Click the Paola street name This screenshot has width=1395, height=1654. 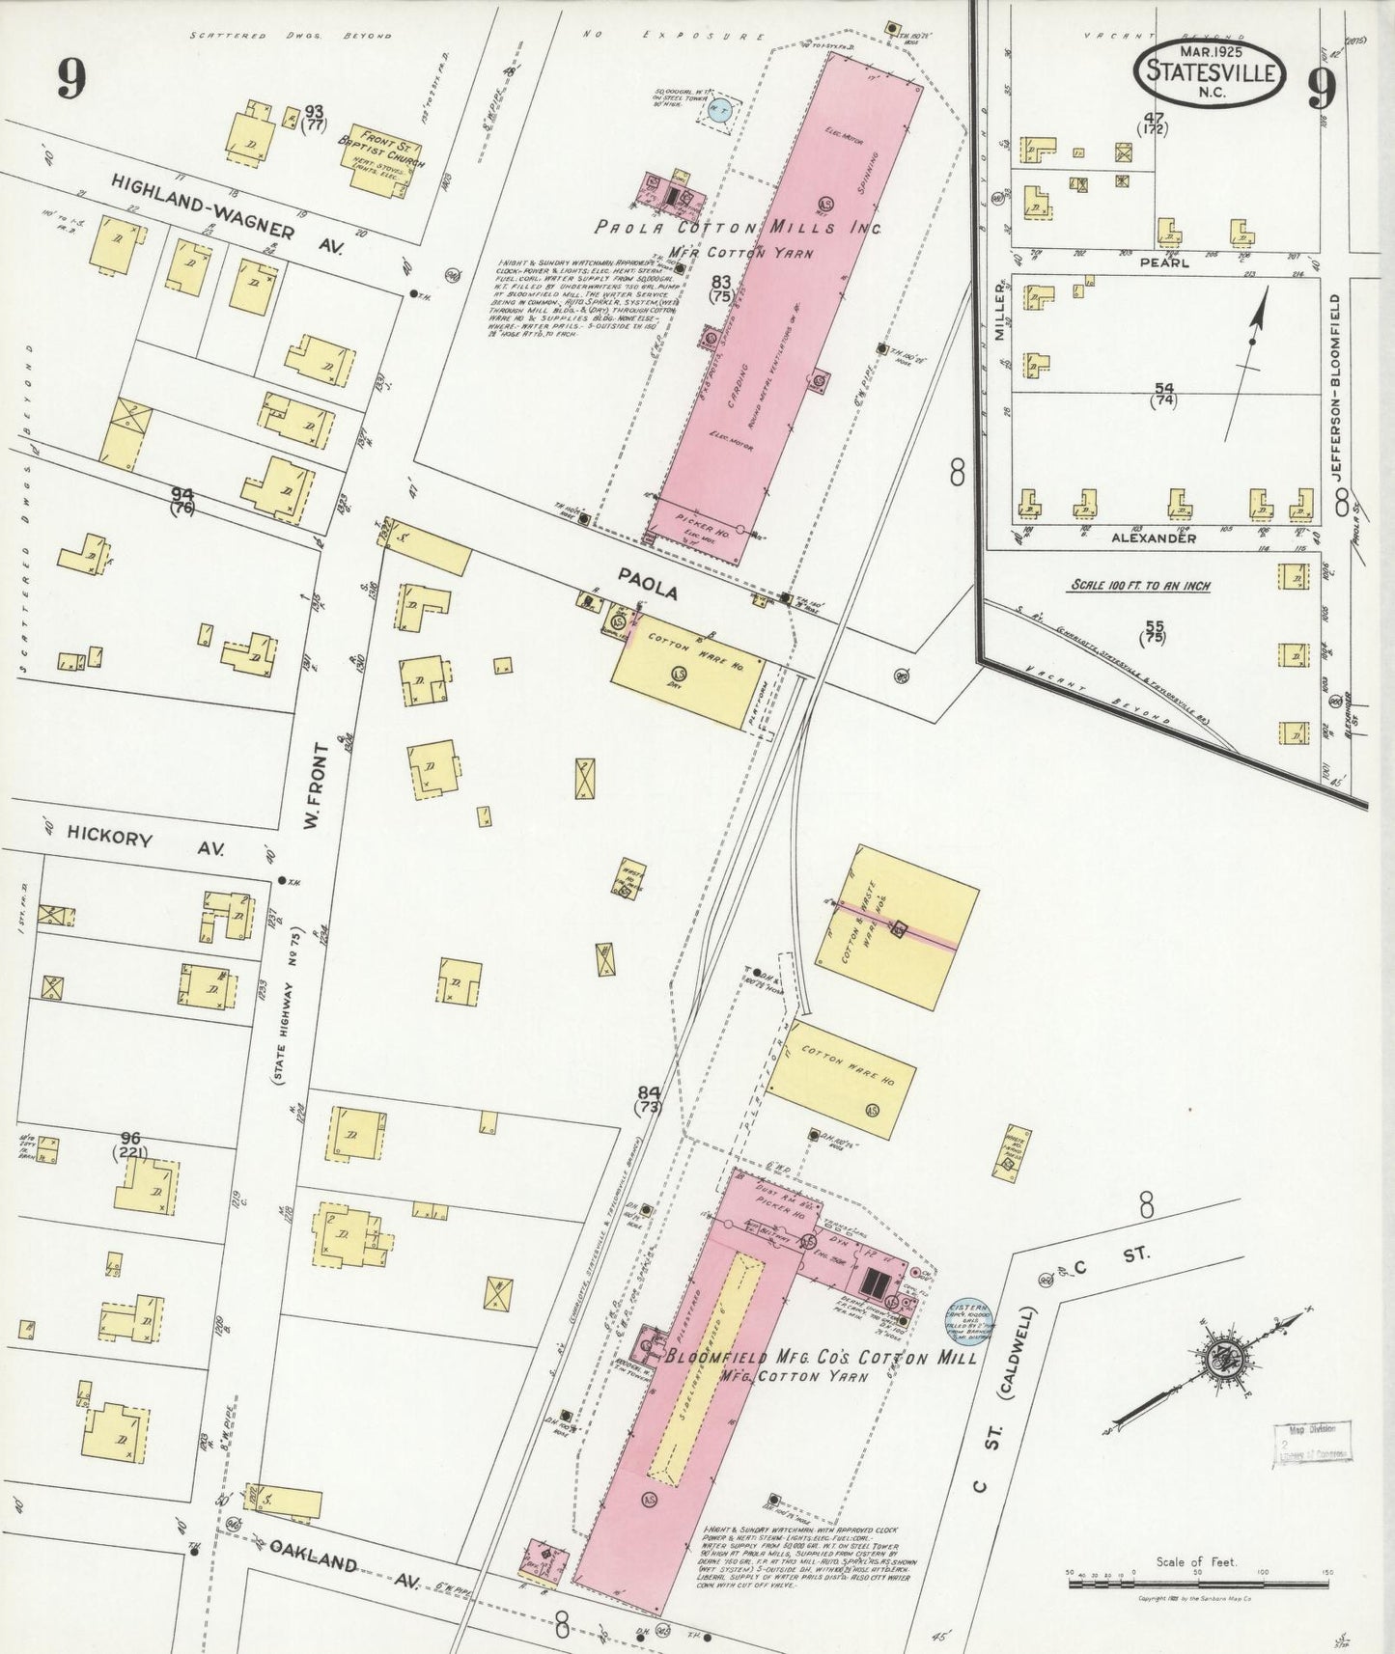648,585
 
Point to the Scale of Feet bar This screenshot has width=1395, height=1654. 1197,1573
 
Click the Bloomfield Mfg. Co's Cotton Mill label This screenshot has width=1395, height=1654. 822,1358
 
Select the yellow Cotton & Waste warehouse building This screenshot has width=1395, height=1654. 897,926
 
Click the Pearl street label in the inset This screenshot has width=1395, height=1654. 1163,262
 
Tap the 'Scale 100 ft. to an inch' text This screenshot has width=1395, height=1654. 1139,585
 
